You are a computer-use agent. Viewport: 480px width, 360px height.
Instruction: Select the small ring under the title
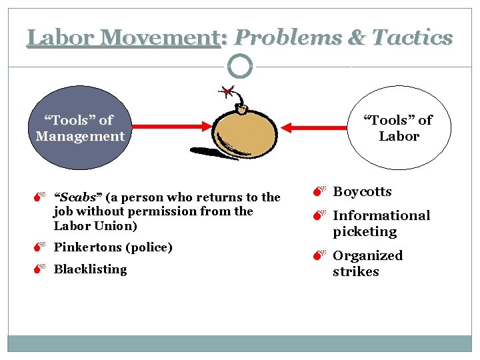tap(240, 67)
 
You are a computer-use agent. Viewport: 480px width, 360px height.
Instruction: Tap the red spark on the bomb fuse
tap(229, 90)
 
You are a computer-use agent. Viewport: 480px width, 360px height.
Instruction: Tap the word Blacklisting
tap(90, 269)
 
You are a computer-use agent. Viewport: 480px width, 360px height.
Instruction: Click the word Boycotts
tap(362, 192)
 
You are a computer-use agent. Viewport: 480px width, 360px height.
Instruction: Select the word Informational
tap(381, 215)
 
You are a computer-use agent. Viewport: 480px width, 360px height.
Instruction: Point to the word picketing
tap(365, 231)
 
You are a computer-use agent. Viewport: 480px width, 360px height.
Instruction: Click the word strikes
tap(355, 271)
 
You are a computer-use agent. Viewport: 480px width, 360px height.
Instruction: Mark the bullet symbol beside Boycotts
tap(320, 193)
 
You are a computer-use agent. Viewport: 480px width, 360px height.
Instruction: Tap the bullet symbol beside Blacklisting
tap(41, 269)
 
